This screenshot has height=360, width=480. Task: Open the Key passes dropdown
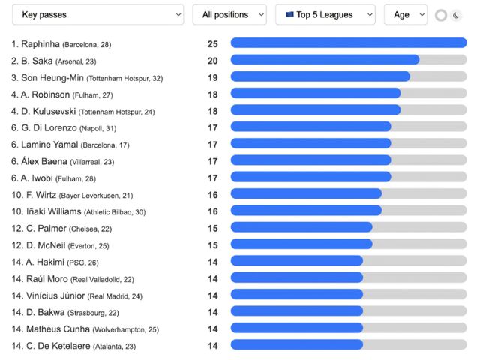click(x=97, y=14)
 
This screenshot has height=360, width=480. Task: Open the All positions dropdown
click(x=229, y=14)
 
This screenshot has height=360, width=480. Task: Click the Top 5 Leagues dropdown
click(x=325, y=14)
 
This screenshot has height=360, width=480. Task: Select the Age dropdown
click(x=405, y=14)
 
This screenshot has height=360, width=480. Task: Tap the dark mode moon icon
click(x=455, y=15)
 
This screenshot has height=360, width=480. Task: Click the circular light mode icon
click(x=440, y=15)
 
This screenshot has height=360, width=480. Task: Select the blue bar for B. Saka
click(x=325, y=60)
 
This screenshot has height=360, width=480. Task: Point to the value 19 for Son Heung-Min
click(x=213, y=76)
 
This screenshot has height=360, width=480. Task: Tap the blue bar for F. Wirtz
click(x=306, y=194)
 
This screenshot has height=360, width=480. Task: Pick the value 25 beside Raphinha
click(x=213, y=43)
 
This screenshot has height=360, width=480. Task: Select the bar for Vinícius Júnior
click(x=296, y=295)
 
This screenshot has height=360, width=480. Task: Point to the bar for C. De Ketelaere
click(x=296, y=345)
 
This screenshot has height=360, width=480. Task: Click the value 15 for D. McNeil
click(x=213, y=244)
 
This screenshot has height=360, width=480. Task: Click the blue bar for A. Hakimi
click(x=296, y=261)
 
